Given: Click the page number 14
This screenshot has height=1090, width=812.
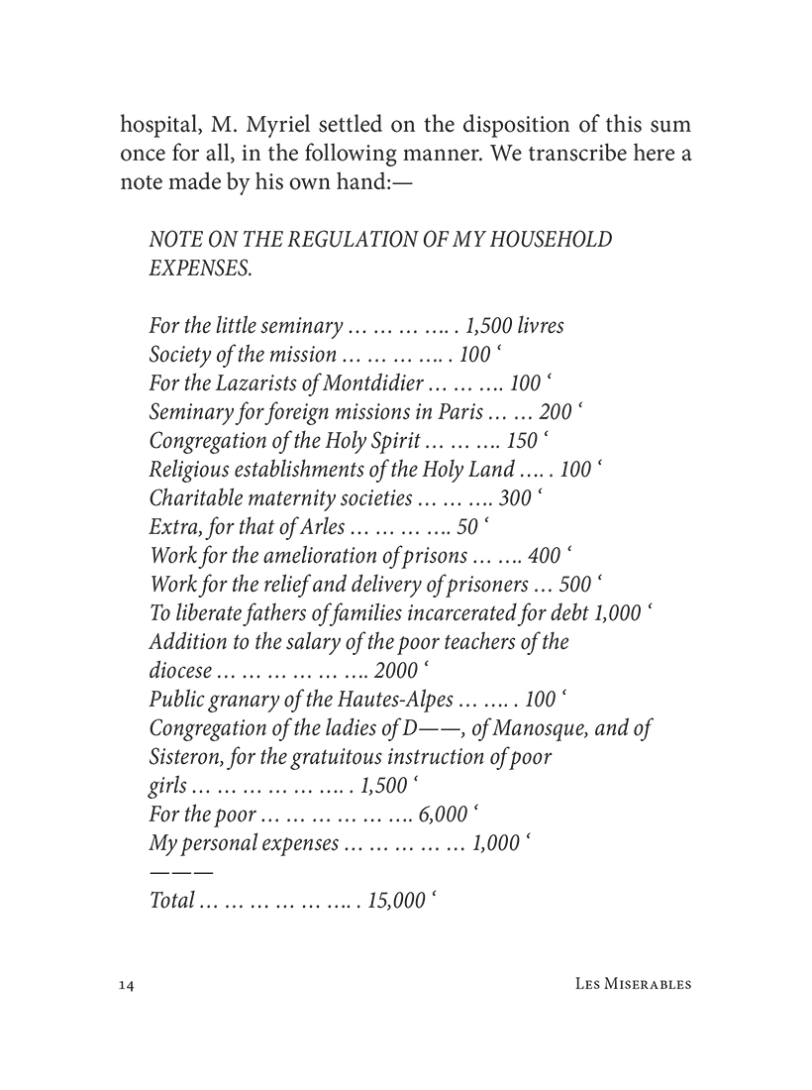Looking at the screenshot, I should (x=126, y=985).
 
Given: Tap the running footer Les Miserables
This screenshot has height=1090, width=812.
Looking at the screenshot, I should (x=633, y=985).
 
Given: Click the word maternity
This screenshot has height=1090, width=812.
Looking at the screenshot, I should (x=291, y=498).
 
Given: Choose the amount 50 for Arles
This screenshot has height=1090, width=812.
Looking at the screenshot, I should (x=469, y=527).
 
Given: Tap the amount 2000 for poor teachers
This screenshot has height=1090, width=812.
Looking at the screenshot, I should (x=396, y=671).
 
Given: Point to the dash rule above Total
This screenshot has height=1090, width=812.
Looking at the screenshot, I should (x=180, y=872).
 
